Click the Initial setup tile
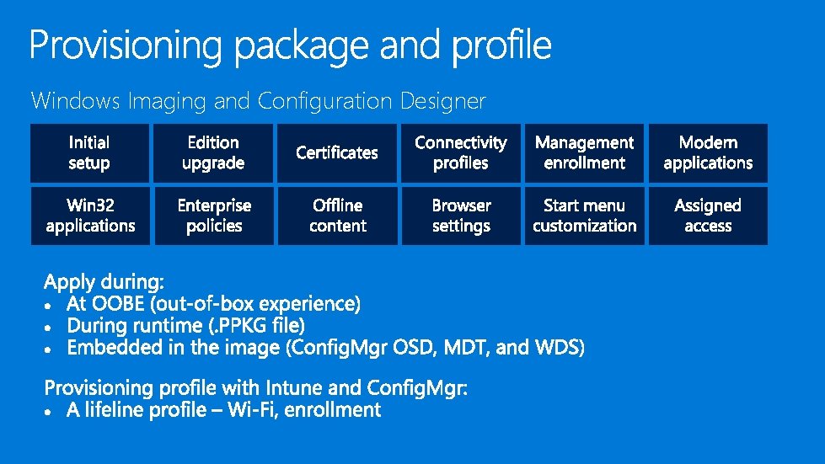[89, 153]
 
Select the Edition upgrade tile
[213, 153]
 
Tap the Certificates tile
[337, 153]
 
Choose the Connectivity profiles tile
[461, 153]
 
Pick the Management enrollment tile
[584, 153]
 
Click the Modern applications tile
[708, 153]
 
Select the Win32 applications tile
[90, 216]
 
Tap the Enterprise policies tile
[214, 216]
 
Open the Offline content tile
[337, 216]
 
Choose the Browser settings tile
[461, 216]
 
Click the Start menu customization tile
[584, 216]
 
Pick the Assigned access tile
[708, 216]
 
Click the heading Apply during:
[104, 281]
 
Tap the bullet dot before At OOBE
[51, 304]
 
